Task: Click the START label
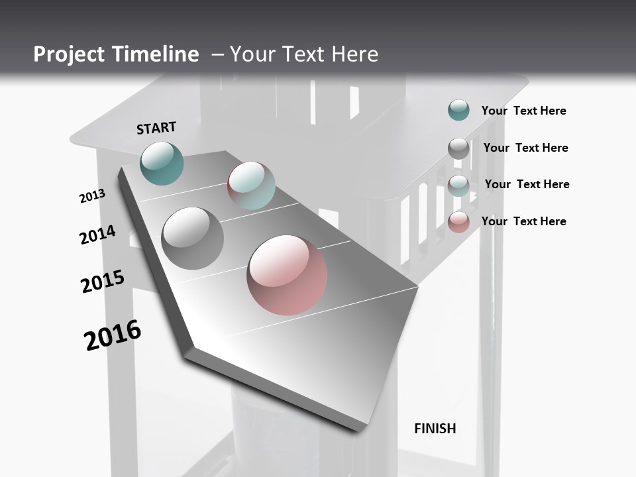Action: (x=156, y=128)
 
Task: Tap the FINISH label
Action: (x=435, y=429)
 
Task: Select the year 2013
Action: (x=92, y=196)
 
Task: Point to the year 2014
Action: (x=97, y=235)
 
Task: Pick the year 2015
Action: (x=103, y=282)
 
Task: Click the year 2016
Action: (x=113, y=335)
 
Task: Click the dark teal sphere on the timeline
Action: (x=162, y=163)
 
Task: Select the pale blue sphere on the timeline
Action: (x=251, y=185)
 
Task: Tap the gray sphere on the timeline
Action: (x=192, y=238)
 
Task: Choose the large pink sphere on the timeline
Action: (x=287, y=275)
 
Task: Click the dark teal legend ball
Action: (x=458, y=110)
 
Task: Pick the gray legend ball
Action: (x=458, y=148)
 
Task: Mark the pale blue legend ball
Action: (x=458, y=185)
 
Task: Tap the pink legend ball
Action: (x=458, y=222)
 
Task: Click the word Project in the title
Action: (x=69, y=54)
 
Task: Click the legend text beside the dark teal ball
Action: (x=523, y=111)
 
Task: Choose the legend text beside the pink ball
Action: (x=523, y=221)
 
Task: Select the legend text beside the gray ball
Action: (x=525, y=148)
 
